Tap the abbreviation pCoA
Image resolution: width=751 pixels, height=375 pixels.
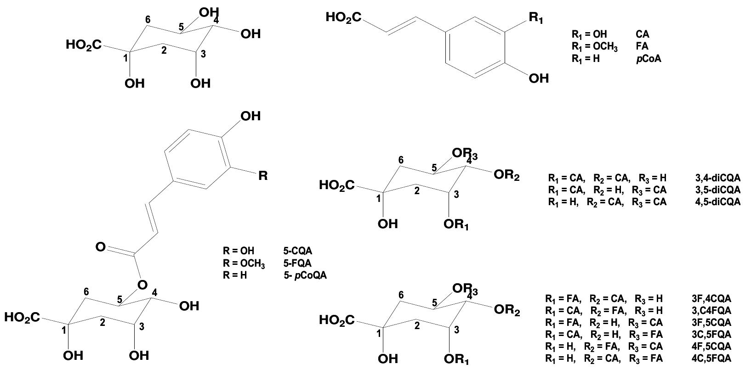(649, 59)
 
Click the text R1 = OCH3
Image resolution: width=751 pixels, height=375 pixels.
(595, 47)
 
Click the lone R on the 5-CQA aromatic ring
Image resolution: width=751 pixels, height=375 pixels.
(263, 176)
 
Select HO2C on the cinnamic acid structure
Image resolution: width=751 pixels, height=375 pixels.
(343, 18)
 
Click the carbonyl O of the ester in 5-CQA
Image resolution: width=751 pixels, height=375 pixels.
(101, 247)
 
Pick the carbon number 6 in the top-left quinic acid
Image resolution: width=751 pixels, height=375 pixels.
(148, 19)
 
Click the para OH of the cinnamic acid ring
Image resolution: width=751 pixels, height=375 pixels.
(539, 79)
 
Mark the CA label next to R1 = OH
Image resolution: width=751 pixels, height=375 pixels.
(643, 34)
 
